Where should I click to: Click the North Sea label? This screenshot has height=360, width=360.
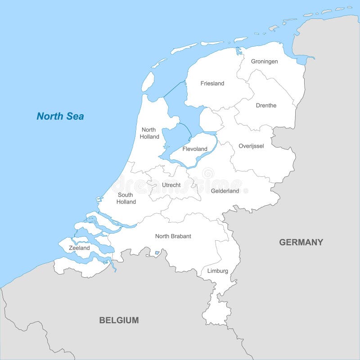tap(60, 116)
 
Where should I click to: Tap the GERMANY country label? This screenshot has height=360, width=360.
tap(301, 242)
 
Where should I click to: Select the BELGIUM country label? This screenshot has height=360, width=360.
tap(119, 320)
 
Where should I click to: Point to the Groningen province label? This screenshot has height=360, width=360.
tap(264, 61)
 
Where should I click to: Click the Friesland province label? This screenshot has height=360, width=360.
tap(212, 83)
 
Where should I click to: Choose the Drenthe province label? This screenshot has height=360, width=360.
tap(266, 105)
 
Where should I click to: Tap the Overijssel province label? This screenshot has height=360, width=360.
tap(251, 146)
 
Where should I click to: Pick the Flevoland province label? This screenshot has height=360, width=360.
tap(195, 149)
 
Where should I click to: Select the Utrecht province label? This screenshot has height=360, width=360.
tap(171, 185)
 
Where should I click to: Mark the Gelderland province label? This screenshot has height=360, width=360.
tap(225, 191)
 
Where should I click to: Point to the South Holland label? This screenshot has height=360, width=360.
tap(126, 198)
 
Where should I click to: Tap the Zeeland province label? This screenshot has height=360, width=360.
tap(79, 248)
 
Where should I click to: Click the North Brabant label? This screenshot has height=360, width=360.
tap(173, 236)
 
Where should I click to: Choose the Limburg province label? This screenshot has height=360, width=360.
tap(217, 271)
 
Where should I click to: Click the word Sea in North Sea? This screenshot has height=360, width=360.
tap(74, 116)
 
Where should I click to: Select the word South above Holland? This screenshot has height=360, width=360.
tap(125, 195)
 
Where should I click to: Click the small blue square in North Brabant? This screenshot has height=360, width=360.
tap(157, 253)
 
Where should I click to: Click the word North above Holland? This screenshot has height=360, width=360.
tap(148, 130)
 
